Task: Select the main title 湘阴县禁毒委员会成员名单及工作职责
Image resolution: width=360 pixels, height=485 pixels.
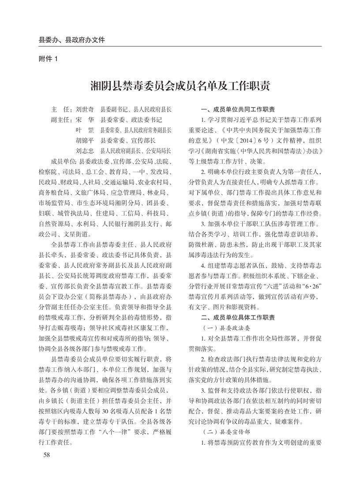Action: point(180,85)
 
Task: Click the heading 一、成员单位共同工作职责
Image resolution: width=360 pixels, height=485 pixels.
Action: point(238,109)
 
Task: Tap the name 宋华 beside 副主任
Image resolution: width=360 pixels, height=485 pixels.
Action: point(85,119)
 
